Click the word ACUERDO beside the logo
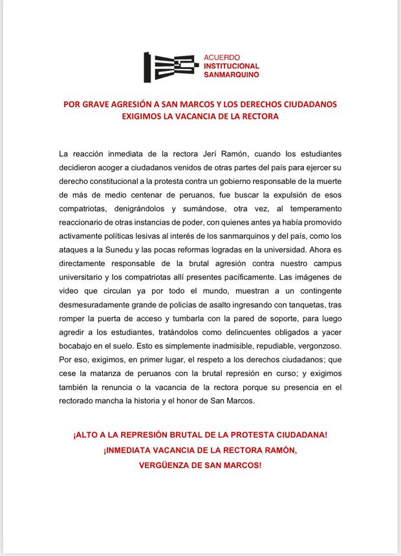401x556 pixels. [x=221, y=56]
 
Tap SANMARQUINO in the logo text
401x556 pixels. [x=231, y=75]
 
